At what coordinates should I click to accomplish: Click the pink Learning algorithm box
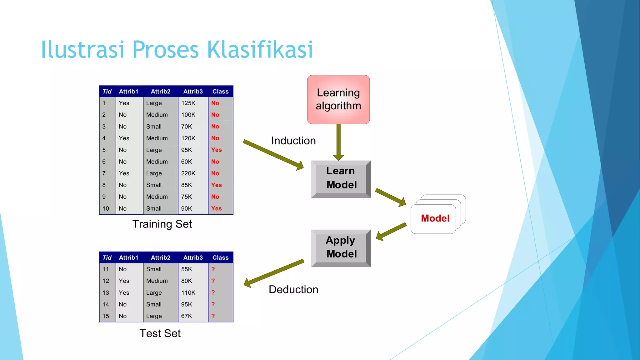[338, 99]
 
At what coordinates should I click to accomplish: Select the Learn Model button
[341, 178]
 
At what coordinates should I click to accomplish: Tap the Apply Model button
[341, 247]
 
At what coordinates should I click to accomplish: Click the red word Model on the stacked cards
[435, 218]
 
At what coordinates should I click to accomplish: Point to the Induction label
[293, 141]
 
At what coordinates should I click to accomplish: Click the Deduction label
[293, 289]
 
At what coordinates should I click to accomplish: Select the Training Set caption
[162, 224]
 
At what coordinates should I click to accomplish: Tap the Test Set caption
[160, 333]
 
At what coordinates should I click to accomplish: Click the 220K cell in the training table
[188, 173]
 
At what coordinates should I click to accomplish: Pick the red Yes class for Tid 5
[216, 150]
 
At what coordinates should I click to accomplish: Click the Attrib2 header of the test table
[161, 257]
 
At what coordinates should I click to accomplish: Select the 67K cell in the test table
[187, 316]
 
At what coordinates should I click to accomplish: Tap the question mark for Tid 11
[213, 269]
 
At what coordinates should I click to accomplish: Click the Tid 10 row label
[106, 208]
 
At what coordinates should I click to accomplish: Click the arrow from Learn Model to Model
[390, 197]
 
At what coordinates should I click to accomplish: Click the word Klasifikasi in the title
[260, 50]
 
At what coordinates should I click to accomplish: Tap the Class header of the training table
[220, 92]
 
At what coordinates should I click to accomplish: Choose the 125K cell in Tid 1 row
[188, 103]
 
